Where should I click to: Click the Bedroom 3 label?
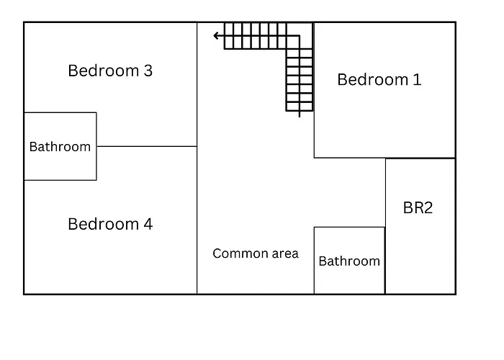pos(110,71)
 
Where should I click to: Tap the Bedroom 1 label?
pos(379,80)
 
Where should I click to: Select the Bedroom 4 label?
pos(110,224)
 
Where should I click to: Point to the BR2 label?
pos(418,207)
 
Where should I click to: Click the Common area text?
pos(256,253)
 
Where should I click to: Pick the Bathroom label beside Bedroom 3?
pos(60,147)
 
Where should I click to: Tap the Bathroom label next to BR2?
pos(349,261)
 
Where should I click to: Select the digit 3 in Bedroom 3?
pos(148,71)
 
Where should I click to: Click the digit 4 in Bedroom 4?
pos(148,224)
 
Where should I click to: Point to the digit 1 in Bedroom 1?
pos(418,80)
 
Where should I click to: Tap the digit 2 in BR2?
pos(428,207)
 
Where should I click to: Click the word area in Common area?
pos(285,254)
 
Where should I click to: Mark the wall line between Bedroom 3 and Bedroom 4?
pos(147,147)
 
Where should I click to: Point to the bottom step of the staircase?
pos(300,107)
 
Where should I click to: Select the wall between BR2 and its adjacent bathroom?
pos(385,261)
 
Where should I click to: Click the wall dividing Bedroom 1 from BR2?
pos(420,158)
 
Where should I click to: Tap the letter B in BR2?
pos(408,207)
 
